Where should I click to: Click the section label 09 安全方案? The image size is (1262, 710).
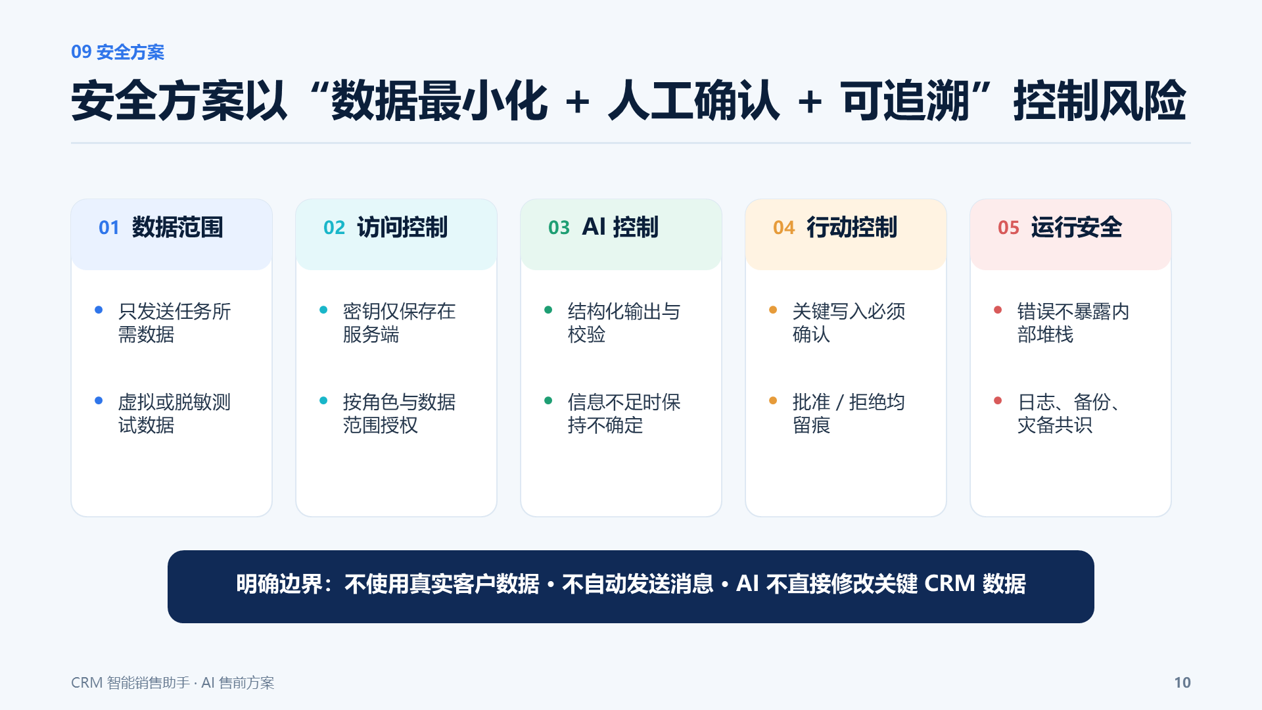118,52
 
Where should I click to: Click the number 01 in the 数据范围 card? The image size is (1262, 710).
109,227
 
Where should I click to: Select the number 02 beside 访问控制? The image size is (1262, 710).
334,227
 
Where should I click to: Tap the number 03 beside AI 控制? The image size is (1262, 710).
559,227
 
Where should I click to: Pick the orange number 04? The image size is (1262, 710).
783,227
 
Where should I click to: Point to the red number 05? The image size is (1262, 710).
1008,227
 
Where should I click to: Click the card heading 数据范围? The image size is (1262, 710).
177,227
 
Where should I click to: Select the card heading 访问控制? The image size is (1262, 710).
402,227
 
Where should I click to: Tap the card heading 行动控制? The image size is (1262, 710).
852,227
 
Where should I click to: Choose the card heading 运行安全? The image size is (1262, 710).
1077,227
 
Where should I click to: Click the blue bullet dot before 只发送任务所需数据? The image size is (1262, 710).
99,310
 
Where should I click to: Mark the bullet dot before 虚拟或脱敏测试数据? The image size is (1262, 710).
99,400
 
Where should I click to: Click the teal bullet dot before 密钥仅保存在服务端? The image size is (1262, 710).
323,310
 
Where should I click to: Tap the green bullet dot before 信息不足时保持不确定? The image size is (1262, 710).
548,400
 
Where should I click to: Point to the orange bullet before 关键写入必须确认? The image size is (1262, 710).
773,310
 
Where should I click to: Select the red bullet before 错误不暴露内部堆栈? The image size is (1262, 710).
998,310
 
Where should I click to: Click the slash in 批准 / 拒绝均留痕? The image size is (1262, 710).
839,402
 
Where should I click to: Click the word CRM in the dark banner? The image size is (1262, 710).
949,584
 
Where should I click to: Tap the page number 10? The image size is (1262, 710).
1182,682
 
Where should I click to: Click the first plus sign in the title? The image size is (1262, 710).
578,103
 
